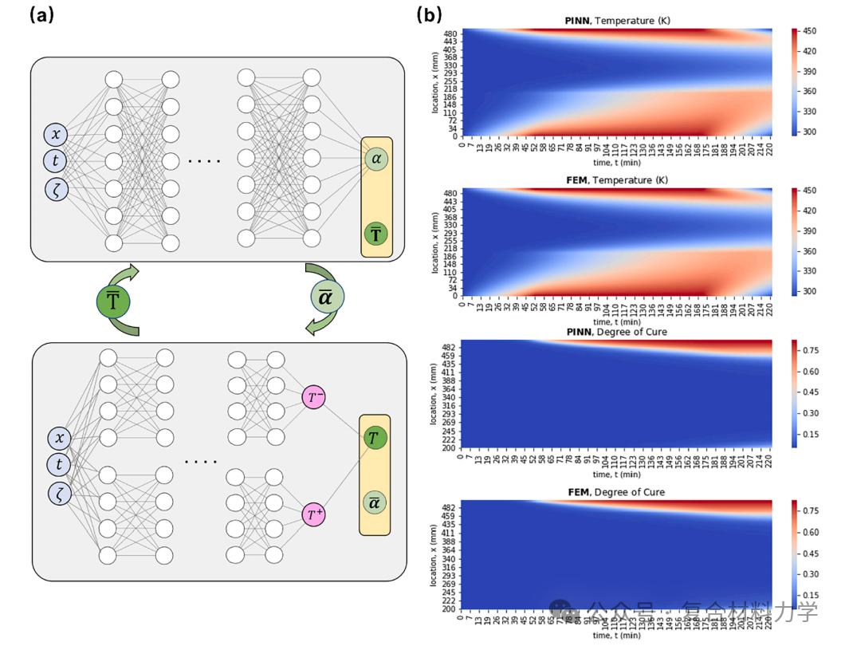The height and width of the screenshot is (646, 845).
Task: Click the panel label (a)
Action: click(x=41, y=14)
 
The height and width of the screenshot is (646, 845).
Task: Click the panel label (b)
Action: click(x=429, y=14)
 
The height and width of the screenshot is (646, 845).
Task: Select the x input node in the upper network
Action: click(x=56, y=134)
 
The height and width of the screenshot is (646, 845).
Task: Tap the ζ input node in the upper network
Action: click(x=56, y=188)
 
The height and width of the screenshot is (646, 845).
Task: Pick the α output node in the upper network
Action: click(x=376, y=160)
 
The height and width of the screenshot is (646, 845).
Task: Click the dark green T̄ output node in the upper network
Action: click(x=376, y=234)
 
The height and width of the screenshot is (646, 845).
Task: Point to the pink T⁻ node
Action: click(x=313, y=397)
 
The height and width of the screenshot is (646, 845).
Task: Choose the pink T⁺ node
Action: click(x=313, y=514)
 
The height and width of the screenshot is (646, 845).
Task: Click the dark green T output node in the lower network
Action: click(x=375, y=437)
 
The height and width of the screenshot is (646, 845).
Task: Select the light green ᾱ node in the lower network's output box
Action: click(x=375, y=502)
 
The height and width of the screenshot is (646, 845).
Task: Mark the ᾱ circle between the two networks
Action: click(x=327, y=298)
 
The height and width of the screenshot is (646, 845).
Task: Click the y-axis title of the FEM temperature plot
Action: click(x=437, y=242)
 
